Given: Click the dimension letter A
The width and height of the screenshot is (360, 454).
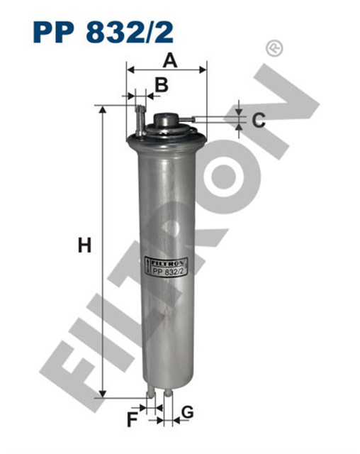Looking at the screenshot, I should (x=168, y=60).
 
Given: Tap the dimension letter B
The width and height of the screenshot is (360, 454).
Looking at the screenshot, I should (x=162, y=86).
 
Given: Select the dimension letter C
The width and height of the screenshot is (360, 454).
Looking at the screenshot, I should (x=259, y=120).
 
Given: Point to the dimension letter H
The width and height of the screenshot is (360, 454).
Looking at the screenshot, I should (x=84, y=247).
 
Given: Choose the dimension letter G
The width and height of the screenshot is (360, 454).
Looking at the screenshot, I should (x=188, y=412).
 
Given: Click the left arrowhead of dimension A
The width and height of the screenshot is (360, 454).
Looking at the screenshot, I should (x=130, y=70).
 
